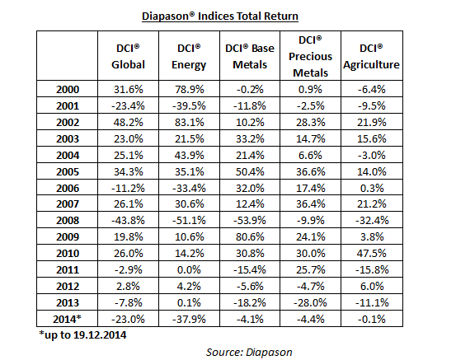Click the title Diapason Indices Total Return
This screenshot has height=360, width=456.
220,16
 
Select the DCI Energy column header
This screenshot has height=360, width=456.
189,56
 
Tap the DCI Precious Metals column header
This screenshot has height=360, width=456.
310,56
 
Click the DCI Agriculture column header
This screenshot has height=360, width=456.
371,56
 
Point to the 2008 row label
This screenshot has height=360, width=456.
68,220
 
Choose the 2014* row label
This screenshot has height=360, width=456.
67,319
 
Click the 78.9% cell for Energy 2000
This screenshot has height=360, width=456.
190,89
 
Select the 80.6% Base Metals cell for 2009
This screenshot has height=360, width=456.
250,236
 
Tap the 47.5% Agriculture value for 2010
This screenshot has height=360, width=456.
371,253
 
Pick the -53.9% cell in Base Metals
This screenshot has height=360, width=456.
250,220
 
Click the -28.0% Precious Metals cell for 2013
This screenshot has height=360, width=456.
310,303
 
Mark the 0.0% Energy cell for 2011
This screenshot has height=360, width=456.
189,269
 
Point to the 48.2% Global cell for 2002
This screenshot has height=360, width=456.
129,122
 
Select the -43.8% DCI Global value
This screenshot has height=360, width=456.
128,220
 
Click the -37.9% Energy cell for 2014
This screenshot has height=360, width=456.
189,319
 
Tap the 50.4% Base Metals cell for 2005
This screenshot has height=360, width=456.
250,171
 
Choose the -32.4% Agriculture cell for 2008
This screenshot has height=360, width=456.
372,220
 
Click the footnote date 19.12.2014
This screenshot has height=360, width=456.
100,335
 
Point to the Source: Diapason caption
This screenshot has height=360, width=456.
249,352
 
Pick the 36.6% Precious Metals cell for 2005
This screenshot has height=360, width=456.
311,171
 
